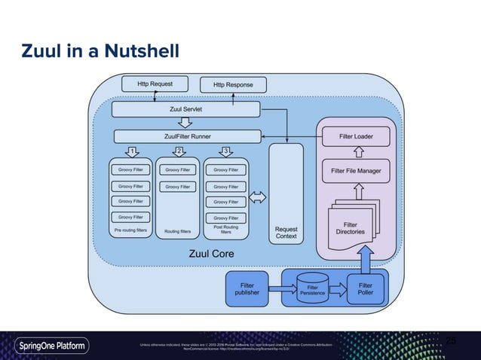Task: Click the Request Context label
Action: point(286,232)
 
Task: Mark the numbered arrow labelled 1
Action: point(132,151)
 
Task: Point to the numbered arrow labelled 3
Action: point(225,151)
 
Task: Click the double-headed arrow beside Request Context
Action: point(258,197)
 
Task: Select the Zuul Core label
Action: point(210,254)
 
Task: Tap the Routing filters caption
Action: point(178,232)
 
